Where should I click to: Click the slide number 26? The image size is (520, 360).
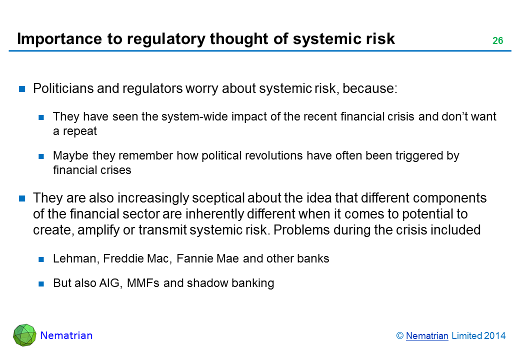[x=497, y=40]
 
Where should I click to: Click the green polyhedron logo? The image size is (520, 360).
[x=24, y=335]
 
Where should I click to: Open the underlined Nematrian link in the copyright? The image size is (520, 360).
[x=427, y=336]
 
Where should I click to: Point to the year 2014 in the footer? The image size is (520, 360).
[x=494, y=336]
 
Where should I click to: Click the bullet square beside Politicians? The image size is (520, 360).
[x=22, y=89]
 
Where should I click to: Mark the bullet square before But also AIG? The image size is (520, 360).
[x=41, y=283]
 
